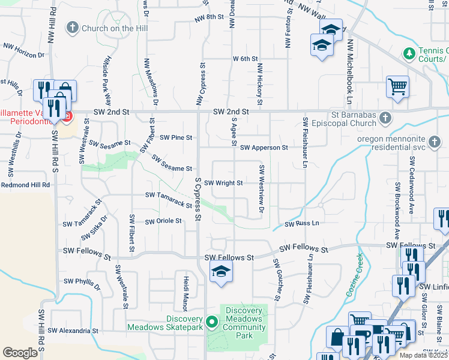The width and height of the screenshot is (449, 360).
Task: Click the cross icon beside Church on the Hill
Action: [x=73, y=28]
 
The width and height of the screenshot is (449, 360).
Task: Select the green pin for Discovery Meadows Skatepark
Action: [x=211, y=322]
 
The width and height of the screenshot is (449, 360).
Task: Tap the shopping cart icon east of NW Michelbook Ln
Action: [x=397, y=87]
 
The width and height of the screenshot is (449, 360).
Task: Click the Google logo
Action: [x=20, y=352]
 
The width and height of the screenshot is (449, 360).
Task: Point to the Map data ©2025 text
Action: [x=424, y=355]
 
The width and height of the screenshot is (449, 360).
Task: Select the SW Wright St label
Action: [x=223, y=183]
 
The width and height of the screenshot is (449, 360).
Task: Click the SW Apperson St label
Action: [x=264, y=147]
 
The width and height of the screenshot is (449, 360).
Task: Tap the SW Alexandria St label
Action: [x=73, y=331]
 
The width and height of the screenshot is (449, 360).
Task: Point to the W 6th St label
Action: [x=245, y=59]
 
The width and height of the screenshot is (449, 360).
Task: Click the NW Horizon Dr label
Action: [x=24, y=49]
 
